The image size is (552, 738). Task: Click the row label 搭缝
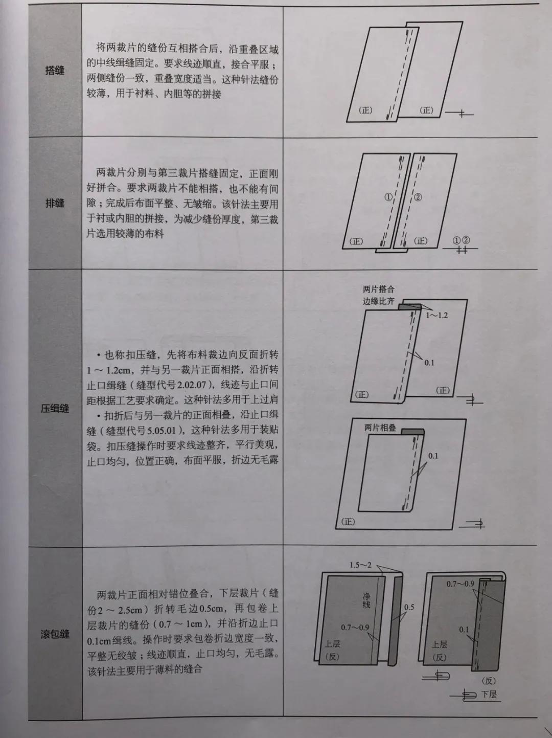click(55, 71)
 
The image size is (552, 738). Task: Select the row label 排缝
click(55, 204)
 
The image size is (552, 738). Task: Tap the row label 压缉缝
click(55, 409)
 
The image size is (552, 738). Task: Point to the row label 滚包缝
click(55, 635)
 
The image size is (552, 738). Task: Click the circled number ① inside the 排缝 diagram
click(388, 197)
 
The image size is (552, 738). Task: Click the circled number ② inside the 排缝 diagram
click(418, 197)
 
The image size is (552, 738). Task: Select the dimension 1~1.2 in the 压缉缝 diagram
click(436, 315)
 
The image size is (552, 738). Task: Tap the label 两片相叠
click(380, 428)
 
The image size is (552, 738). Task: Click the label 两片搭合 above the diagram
click(379, 289)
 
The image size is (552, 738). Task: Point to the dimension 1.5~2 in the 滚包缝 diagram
click(360, 565)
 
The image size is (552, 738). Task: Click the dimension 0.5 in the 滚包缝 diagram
click(409, 607)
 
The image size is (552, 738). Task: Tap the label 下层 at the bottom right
click(489, 694)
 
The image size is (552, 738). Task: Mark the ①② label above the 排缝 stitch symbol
click(461, 240)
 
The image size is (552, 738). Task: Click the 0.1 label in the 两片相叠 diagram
click(433, 456)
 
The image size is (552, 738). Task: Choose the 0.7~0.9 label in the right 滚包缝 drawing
click(460, 584)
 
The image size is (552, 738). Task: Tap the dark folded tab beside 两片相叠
click(412, 432)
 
